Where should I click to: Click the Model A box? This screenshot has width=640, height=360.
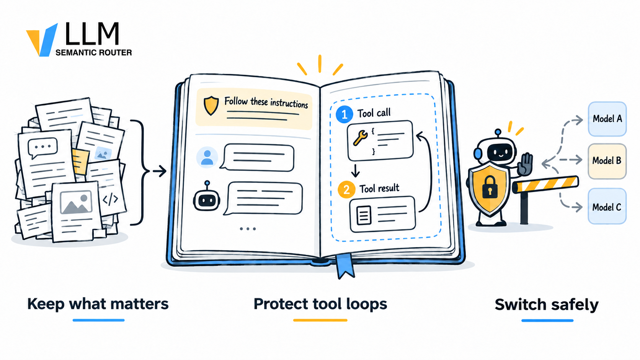[607, 119]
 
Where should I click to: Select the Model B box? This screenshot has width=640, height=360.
[607, 161]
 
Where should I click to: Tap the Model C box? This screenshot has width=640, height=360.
[607, 206]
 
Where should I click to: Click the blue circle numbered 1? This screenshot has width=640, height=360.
[344, 114]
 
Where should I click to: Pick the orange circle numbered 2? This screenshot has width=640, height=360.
[346, 189]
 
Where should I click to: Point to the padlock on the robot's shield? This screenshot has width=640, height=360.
[490, 187]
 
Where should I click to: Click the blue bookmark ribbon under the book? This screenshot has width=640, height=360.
[345, 266]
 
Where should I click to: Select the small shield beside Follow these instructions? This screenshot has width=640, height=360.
[211, 106]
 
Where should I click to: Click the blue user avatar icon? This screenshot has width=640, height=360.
[207, 157]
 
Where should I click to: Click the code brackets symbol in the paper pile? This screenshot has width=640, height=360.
[110, 199]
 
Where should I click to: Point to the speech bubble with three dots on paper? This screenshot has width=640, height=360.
[42, 148]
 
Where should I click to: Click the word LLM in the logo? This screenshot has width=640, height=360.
[92, 34]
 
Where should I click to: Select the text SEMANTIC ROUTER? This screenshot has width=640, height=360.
[94, 52]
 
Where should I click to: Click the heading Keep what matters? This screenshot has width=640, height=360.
[98, 304]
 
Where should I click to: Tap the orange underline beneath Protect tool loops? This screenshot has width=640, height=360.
[320, 320]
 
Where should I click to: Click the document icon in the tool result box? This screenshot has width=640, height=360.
[364, 215]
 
